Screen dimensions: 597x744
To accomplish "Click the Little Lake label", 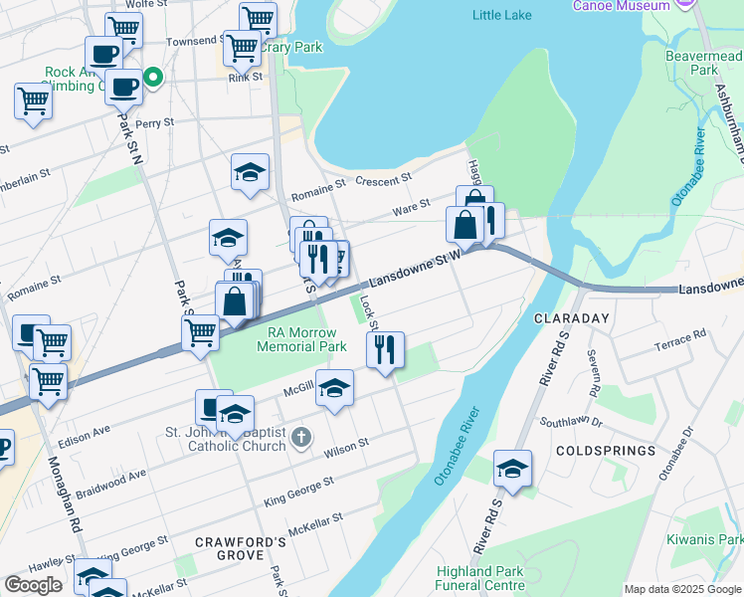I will (x=502, y=15).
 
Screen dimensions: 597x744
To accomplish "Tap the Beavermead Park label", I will (x=704, y=64).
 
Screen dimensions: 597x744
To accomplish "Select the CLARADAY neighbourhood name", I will (x=571, y=318).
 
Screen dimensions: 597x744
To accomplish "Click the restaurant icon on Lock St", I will (x=385, y=350).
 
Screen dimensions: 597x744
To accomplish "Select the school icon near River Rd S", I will (x=512, y=469).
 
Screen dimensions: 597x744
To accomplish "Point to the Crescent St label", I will (x=383, y=180).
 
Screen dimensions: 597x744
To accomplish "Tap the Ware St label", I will (x=411, y=205).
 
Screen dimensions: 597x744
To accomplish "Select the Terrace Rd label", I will (x=680, y=342).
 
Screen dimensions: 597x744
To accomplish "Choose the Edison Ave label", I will (x=85, y=435).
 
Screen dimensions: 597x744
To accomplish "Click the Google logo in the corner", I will (x=33, y=585).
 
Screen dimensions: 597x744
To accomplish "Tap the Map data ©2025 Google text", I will (x=681, y=589).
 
